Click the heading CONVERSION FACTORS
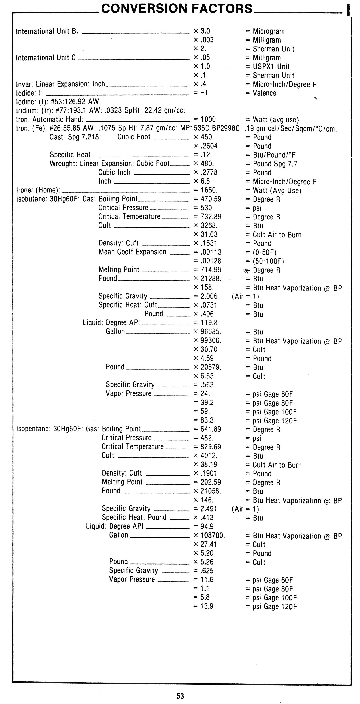(x=177, y=9)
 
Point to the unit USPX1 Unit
(x=271, y=66)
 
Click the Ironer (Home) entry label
(x=38, y=190)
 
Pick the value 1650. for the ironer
(x=209, y=190)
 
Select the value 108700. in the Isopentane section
(x=212, y=535)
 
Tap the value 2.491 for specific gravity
(x=209, y=509)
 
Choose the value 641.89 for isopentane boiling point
(x=211, y=429)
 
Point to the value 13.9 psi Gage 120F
(x=207, y=606)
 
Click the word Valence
(x=264, y=93)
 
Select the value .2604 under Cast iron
(x=209, y=146)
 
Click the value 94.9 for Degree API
(x=207, y=526)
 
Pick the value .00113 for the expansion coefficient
(x=211, y=252)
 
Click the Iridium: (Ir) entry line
(x=100, y=110)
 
